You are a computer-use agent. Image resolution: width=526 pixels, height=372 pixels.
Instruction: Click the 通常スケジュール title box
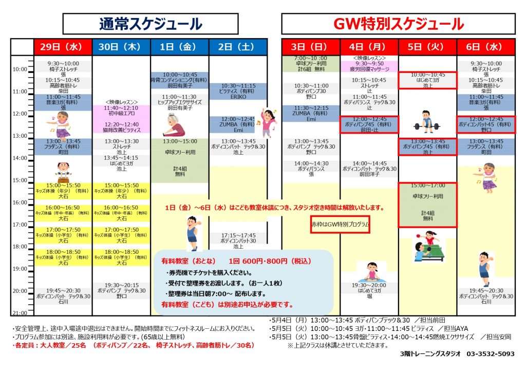click(x=151, y=24)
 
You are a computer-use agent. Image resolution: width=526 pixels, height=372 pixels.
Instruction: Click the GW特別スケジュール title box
click(x=398, y=24)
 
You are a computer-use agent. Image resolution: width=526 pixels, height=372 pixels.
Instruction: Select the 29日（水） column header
click(x=63, y=47)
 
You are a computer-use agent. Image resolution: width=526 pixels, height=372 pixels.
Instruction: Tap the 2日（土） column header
click(x=238, y=47)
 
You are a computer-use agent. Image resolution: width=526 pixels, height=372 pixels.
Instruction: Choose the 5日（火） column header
click(x=428, y=47)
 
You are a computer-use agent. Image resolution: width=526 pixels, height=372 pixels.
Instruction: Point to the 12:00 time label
click(x=21, y=114)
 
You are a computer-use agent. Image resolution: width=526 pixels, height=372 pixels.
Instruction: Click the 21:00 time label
click(x=21, y=312)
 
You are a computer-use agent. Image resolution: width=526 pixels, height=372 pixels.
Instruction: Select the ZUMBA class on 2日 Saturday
click(x=238, y=124)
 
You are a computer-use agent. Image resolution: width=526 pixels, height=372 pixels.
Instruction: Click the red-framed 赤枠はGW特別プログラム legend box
click(x=340, y=225)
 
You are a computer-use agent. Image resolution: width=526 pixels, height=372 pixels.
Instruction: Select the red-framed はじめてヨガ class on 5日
click(x=428, y=80)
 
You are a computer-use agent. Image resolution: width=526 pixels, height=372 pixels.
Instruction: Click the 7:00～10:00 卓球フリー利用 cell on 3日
click(x=311, y=64)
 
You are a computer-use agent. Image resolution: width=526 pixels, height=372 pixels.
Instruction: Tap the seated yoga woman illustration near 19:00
click(x=368, y=271)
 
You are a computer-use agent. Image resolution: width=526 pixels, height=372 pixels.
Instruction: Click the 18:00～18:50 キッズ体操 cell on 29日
click(x=63, y=257)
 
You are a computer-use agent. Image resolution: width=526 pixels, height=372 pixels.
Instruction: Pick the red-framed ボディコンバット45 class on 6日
click(x=486, y=124)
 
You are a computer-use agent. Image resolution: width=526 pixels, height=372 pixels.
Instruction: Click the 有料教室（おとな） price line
click(x=236, y=261)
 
